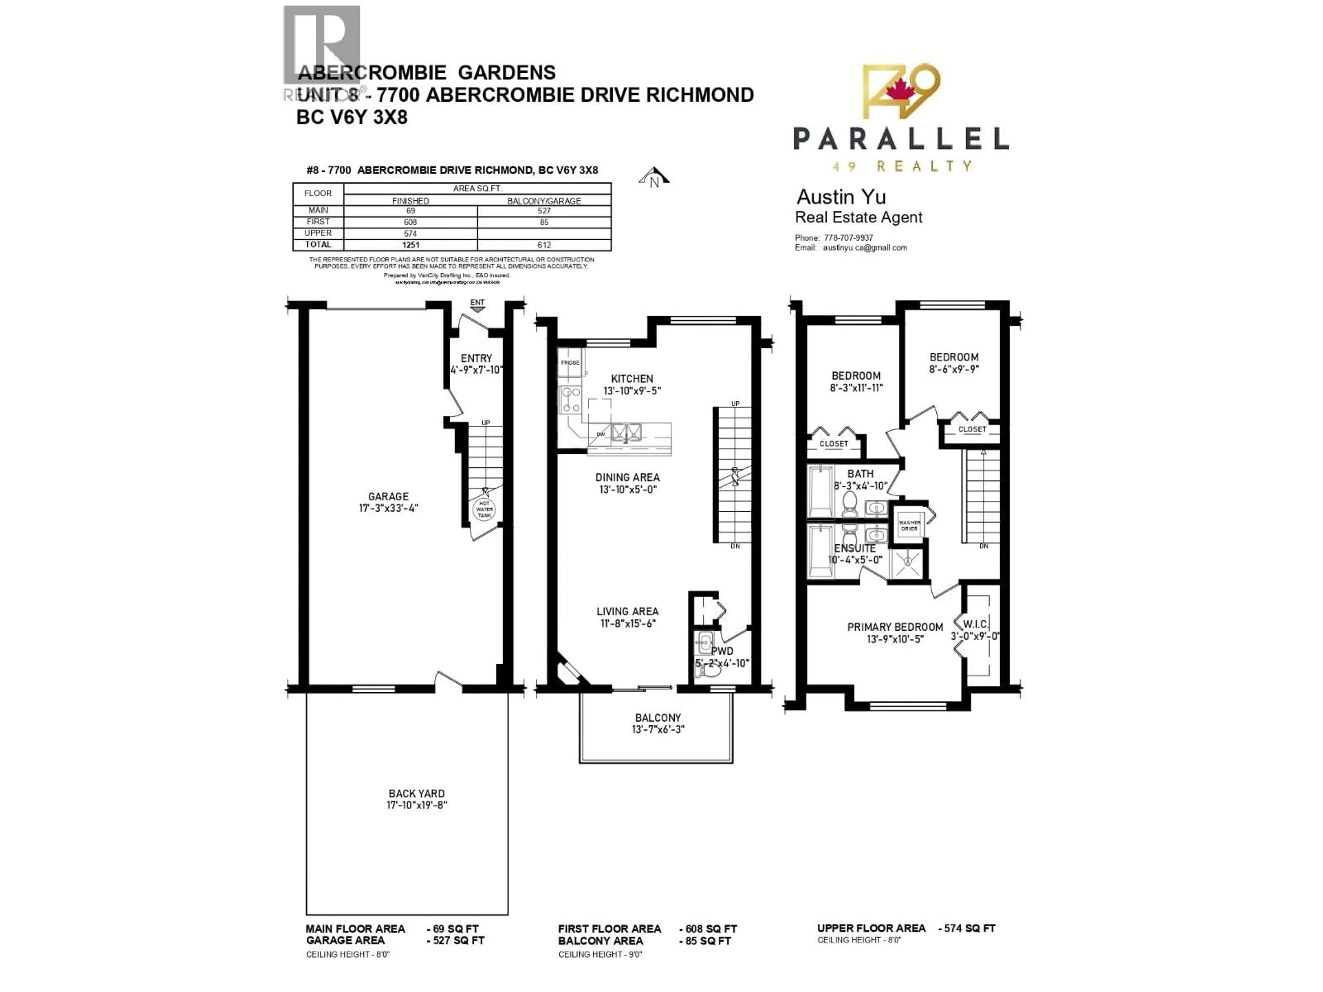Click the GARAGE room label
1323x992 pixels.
tap(388, 496)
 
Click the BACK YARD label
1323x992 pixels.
tap(416, 794)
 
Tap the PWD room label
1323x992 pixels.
tap(722, 651)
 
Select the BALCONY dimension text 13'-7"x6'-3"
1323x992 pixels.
tap(658, 730)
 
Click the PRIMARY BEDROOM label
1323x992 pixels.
tap(895, 627)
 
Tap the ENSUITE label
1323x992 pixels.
tap(855, 548)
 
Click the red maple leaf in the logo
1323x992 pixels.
tap(896, 90)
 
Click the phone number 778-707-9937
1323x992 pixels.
tap(848, 237)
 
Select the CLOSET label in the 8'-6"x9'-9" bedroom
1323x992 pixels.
tap(972, 429)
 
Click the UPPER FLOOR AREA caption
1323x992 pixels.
tap(871, 928)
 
